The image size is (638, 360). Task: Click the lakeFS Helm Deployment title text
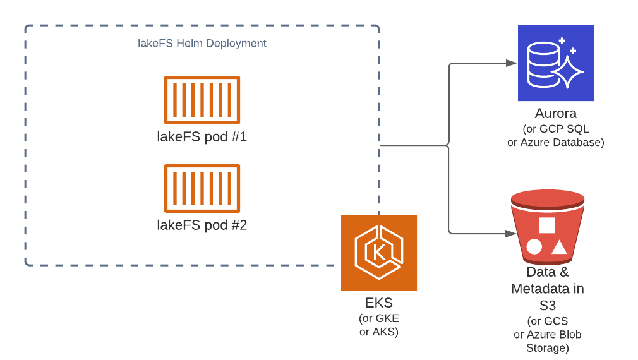pyautogui.click(x=202, y=44)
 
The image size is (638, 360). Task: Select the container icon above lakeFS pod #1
pyautogui.click(x=202, y=100)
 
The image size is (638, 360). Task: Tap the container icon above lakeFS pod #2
pyautogui.click(x=202, y=188)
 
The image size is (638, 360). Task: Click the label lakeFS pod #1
pyautogui.click(x=202, y=136)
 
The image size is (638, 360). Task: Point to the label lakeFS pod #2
pyautogui.click(x=202, y=224)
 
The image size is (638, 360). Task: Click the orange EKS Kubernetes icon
pyautogui.click(x=379, y=253)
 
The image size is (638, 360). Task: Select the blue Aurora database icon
pyautogui.click(x=556, y=63)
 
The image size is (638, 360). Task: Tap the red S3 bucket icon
pyautogui.click(x=547, y=227)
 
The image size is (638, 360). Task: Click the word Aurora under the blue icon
pyautogui.click(x=556, y=114)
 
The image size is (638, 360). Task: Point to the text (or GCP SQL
pyautogui.click(x=556, y=129)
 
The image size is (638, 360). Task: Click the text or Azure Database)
pyautogui.click(x=556, y=142)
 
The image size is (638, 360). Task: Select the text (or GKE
pyautogui.click(x=379, y=318)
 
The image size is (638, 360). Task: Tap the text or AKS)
pyautogui.click(x=379, y=332)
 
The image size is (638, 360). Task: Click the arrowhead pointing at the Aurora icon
pyautogui.click(x=512, y=63)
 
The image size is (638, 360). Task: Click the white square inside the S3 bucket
pyautogui.click(x=547, y=225)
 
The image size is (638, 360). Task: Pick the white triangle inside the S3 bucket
pyautogui.click(x=559, y=246)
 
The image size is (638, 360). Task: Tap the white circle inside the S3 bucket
pyautogui.click(x=534, y=246)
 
